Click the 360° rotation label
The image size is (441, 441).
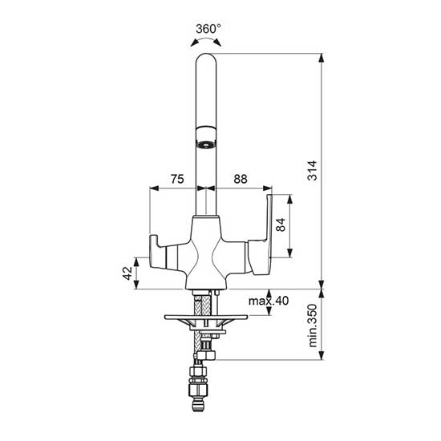(208, 29)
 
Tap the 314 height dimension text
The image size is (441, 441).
(312, 171)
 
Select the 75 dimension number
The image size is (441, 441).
(177, 179)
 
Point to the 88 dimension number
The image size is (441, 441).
(241, 179)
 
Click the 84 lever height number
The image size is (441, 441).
(281, 225)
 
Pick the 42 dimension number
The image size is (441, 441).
(127, 273)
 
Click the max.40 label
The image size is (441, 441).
(269, 301)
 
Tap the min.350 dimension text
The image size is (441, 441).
(313, 326)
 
